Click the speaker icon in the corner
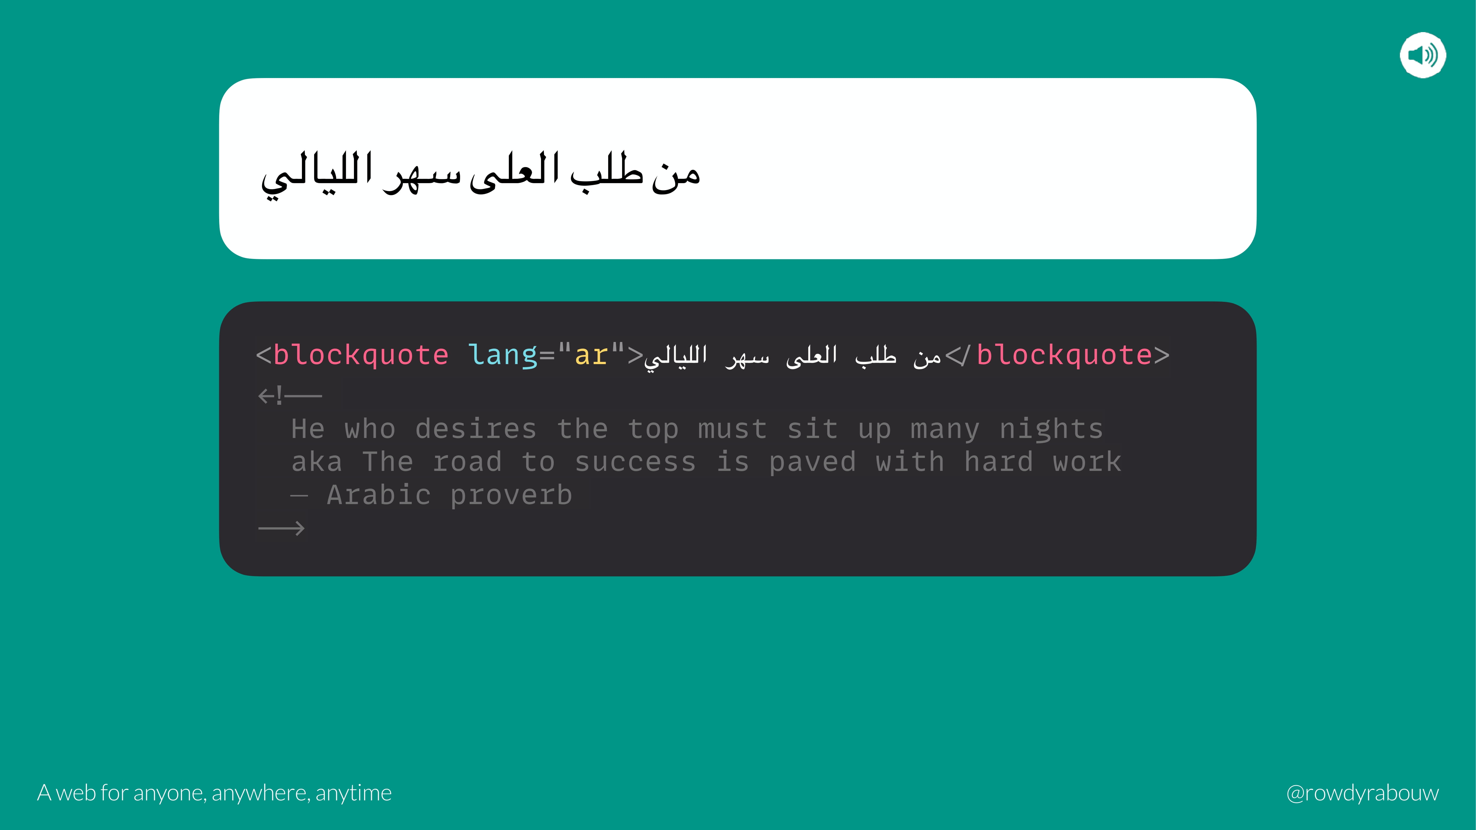(x=1423, y=55)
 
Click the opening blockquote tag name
(x=361, y=355)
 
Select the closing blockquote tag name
(x=1064, y=355)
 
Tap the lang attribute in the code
(x=503, y=355)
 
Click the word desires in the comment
(x=476, y=429)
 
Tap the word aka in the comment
(x=317, y=462)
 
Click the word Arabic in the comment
(x=379, y=495)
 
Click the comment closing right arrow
(x=281, y=528)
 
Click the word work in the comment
(x=1087, y=462)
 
